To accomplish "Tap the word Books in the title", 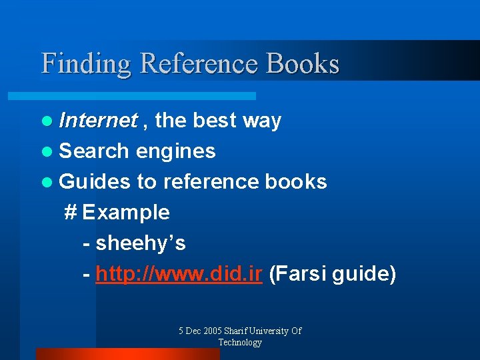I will (x=303, y=64).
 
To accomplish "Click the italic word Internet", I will (x=97, y=121).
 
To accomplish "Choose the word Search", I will (x=93, y=151).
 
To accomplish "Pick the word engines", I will (x=175, y=152).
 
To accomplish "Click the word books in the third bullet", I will (x=296, y=182).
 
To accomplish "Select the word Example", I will (x=126, y=213).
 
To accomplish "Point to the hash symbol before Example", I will (x=71, y=213).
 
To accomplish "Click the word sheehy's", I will (x=141, y=243).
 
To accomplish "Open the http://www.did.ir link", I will (x=179, y=274).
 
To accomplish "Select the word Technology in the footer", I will (x=240, y=342).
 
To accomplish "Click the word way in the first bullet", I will (x=262, y=121).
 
